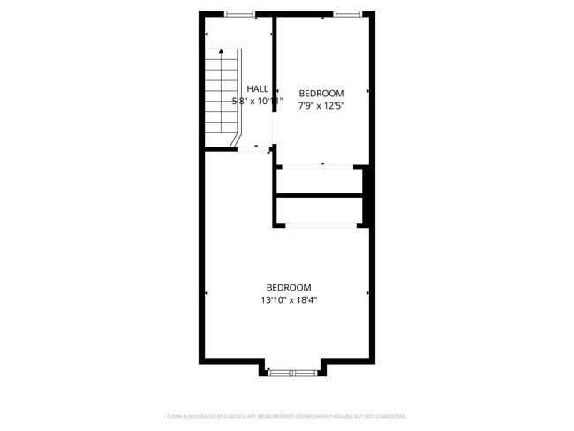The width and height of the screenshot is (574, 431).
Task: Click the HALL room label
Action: (x=258, y=88)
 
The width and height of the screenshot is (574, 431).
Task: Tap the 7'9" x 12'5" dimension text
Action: (x=321, y=106)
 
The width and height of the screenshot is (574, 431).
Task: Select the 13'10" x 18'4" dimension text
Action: (x=289, y=300)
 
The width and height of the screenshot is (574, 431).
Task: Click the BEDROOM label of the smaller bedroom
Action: (x=321, y=93)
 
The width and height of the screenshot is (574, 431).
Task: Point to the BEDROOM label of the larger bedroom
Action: (x=289, y=287)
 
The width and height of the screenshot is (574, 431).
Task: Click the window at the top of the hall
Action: (x=239, y=13)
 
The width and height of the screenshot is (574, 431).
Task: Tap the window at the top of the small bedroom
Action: (x=347, y=13)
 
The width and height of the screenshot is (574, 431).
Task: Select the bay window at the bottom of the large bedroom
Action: (x=293, y=373)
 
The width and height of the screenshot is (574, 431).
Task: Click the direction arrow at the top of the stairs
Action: (x=221, y=52)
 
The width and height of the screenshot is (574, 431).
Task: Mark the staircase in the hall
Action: (x=222, y=97)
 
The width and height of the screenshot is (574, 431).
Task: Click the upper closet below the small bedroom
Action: (x=320, y=181)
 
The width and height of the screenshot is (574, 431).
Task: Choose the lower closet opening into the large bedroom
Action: (x=320, y=210)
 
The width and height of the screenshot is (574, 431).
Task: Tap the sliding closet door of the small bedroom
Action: (x=321, y=165)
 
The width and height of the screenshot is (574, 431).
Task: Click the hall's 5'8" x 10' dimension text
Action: (x=257, y=101)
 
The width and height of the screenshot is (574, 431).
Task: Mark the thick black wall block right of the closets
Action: (x=369, y=196)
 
